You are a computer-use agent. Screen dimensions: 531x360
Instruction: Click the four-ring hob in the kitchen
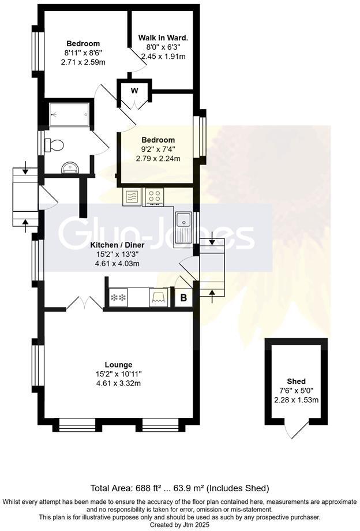(x=155, y=196)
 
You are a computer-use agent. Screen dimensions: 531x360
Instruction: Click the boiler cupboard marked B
(x=183, y=298)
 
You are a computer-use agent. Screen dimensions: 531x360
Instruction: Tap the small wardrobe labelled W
(x=134, y=91)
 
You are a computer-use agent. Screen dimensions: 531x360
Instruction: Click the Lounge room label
(x=118, y=364)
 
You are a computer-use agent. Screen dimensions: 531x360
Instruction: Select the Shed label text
(x=296, y=382)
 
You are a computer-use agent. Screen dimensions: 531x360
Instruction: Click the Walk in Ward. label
(x=163, y=38)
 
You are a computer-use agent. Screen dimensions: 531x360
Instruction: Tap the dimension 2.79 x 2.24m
(x=159, y=158)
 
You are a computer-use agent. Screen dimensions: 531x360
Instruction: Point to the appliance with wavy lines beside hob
(x=132, y=196)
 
